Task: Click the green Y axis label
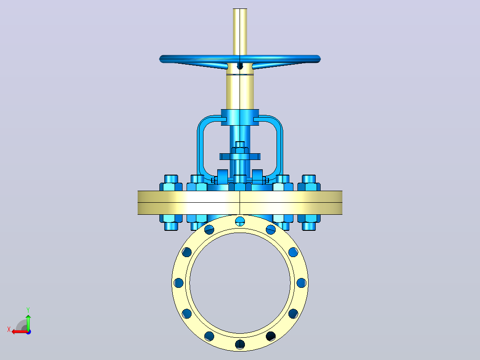[28, 310]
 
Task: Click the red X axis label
[9, 330]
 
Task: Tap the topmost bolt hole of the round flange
[240, 221]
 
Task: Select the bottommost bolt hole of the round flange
[240, 344]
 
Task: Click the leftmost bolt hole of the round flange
[179, 283]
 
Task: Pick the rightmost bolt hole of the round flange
[301, 283]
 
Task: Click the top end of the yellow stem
[240, 9]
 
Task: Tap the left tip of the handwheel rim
[160, 59]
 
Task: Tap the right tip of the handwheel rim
[320, 59]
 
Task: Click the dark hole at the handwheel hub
[240, 66]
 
